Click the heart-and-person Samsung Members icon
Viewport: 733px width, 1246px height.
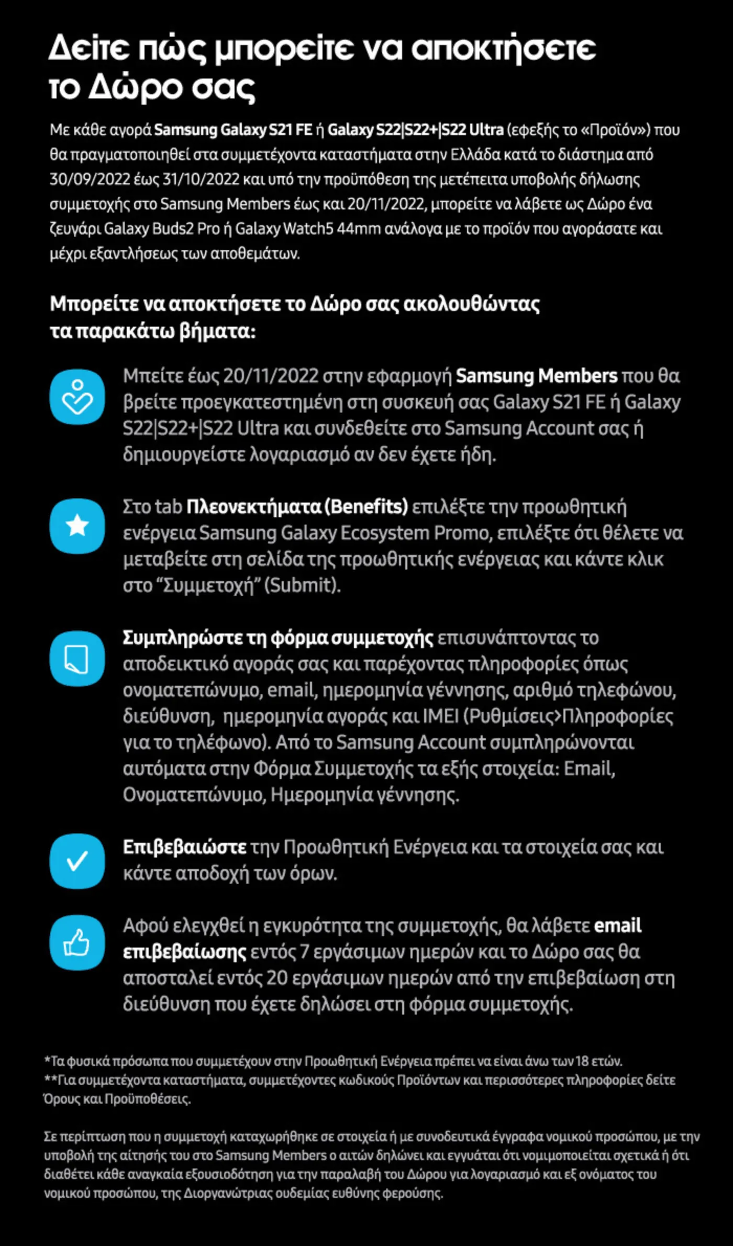click(x=77, y=397)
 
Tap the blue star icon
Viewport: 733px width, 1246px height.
click(x=77, y=526)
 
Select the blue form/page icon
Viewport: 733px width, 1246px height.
click(x=77, y=658)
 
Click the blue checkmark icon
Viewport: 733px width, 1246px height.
click(x=77, y=861)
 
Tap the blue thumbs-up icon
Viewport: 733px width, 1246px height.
click(x=77, y=942)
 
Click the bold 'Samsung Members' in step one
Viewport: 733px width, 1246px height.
click(x=537, y=376)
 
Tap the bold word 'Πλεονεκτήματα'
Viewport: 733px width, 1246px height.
click(x=254, y=507)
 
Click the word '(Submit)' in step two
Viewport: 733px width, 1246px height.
click(x=302, y=585)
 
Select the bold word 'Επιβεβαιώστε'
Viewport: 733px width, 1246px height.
click(x=184, y=847)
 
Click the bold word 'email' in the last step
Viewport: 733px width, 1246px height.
click(x=617, y=926)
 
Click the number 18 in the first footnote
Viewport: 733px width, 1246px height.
click(x=582, y=1061)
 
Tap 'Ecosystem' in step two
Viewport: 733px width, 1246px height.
click(x=385, y=533)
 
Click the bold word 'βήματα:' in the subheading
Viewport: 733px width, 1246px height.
click(x=217, y=331)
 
